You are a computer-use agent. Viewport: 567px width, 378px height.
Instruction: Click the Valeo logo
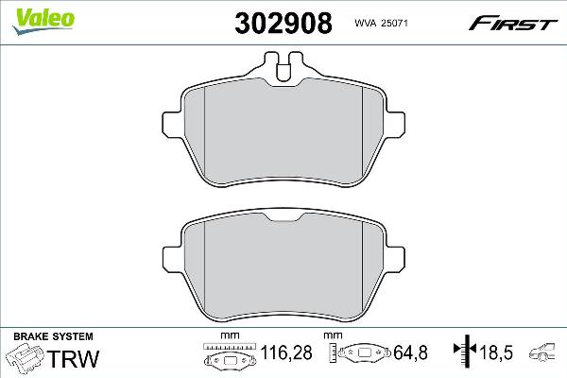pos(43,20)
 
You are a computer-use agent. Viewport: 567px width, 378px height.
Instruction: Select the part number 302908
pos(283,23)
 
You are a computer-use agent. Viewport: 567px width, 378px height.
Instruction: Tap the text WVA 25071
pos(381,23)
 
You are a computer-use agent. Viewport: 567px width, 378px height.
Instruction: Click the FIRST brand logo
pos(513,24)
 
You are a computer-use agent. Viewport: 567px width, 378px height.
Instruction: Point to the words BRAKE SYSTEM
pos(53,336)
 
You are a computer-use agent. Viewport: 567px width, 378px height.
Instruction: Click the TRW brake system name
pos(74,359)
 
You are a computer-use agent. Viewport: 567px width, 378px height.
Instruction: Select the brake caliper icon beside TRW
pos(26,357)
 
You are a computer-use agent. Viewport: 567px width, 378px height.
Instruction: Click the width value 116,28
pos(286,352)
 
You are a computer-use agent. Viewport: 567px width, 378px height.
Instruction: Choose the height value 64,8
pos(410,352)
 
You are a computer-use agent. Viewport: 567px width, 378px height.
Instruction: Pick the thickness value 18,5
pos(496,352)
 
